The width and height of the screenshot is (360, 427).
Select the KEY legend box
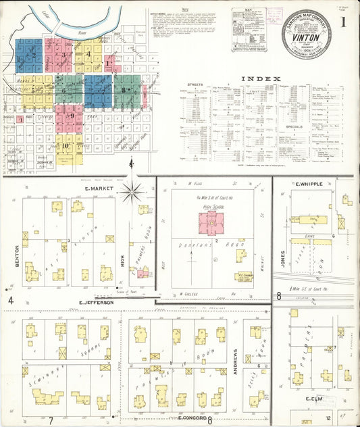pos(248,30)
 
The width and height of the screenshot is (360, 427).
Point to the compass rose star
pos(131,191)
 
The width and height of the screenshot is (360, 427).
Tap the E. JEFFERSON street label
pos(94,302)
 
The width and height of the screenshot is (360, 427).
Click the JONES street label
pos(282,259)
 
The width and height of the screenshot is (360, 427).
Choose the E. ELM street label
pos(313,399)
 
